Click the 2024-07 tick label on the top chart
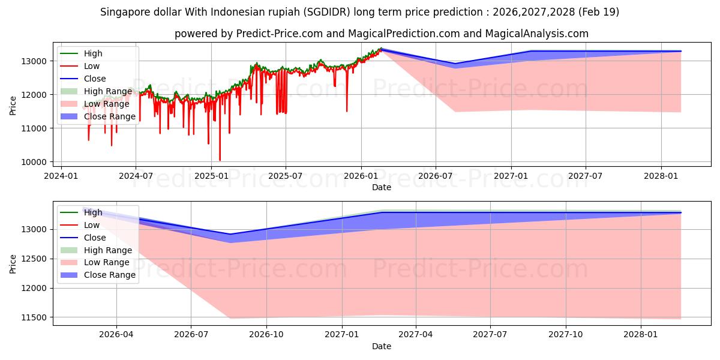coord(136,176)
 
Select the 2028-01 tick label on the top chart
coord(661,176)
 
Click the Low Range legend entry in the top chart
coord(106,104)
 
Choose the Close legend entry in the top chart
coord(95,79)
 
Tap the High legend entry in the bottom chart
coord(93,212)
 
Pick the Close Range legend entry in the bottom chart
coord(109,275)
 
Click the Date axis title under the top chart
coord(381,187)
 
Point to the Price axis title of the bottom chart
coord(13,264)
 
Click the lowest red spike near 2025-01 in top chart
coord(220,160)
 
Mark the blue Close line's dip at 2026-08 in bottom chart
coord(230,235)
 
